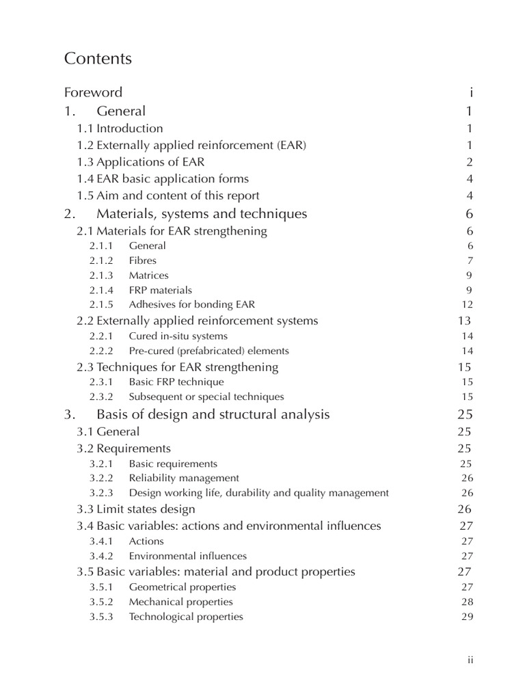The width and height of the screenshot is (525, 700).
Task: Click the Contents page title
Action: tap(98, 59)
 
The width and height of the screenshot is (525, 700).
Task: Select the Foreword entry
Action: tap(93, 92)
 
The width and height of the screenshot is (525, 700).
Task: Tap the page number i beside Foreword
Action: tap(471, 92)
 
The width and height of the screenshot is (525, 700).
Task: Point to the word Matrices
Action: tap(148, 275)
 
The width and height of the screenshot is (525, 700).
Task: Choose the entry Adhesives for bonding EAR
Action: tap(191, 304)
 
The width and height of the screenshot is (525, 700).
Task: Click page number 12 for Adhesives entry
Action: tap(468, 304)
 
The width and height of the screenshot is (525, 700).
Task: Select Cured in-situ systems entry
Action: tap(178, 336)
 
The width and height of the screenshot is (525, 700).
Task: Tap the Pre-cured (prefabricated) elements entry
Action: tap(208, 351)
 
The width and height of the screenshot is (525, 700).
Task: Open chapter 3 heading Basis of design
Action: tap(213, 414)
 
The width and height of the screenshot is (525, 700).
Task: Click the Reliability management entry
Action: tap(184, 478)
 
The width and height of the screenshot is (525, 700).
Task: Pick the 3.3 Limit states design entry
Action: tap(136, 509)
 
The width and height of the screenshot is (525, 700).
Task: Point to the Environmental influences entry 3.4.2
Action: tap(187, 556)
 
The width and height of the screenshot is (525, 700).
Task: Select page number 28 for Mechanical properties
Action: tap(468, 602)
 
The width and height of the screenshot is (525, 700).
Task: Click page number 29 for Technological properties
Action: tap(468, 617)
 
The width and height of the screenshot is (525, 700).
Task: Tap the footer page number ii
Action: tap(470, 660)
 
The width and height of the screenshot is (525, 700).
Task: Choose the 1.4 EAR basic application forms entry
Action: tap(163, 179)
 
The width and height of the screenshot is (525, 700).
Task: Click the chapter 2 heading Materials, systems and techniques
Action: tap(202, 214)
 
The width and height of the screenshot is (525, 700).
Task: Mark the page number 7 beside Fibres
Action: tap(470, 260)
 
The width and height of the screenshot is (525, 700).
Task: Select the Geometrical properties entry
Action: tap(183, 587)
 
